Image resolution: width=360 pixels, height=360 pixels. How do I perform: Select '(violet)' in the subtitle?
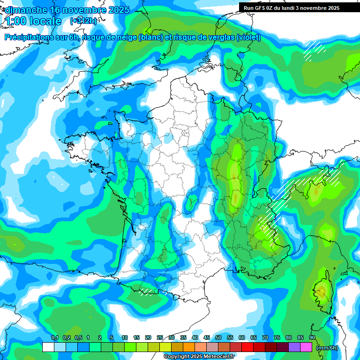[x=248, y=37]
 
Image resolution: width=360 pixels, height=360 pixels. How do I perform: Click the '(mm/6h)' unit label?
[x=327, y=347]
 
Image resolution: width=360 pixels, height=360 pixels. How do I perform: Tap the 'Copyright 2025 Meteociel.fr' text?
[x=199, y=357]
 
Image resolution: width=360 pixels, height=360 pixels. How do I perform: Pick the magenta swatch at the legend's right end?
[x=306, y=347]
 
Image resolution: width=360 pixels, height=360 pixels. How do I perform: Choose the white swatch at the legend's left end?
[x=48, y=347]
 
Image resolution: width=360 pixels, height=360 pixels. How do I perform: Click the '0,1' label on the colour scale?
[x=55, y=338]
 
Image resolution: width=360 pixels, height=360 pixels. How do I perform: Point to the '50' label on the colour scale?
[x=218, y=338]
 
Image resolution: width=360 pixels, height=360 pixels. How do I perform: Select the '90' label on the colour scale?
[x=312, y=338]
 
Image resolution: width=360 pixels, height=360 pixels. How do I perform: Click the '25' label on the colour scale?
[x=160, y=338]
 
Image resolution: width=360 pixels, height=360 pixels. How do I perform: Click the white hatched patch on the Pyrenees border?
[x=146, y=292]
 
